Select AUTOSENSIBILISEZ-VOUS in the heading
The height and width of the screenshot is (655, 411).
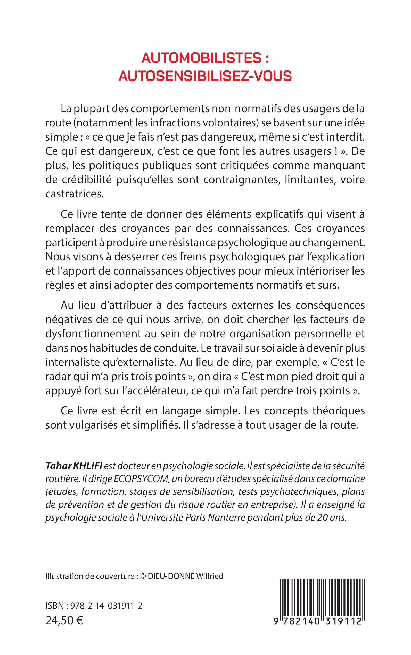205,76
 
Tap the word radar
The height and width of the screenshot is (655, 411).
57,377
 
